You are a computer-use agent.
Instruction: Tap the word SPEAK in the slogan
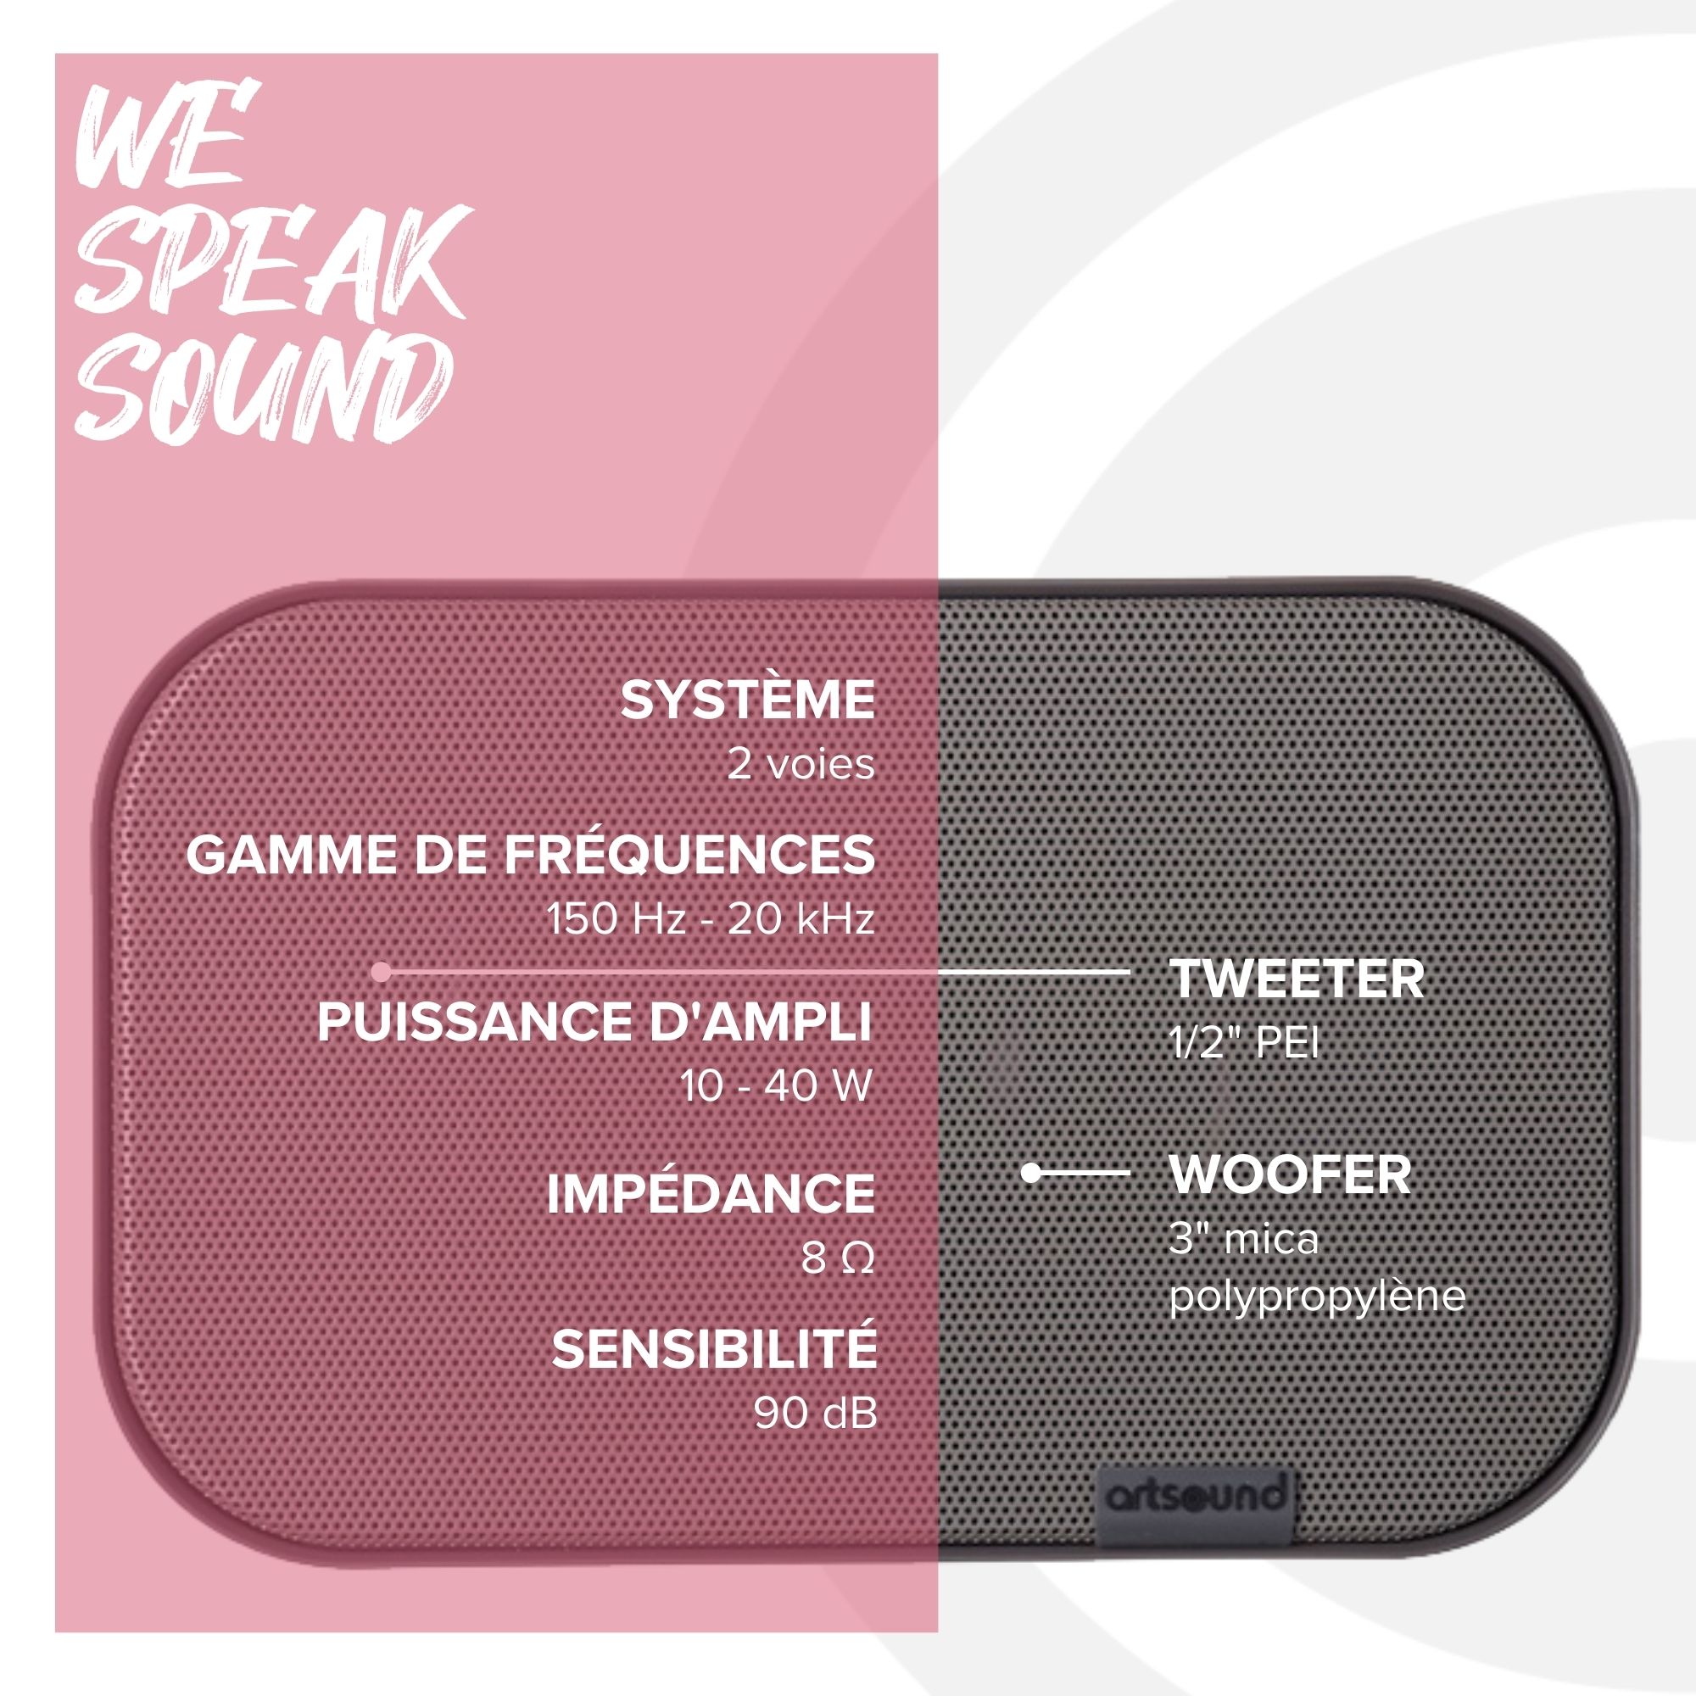272,260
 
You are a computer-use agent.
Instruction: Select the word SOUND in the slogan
264,389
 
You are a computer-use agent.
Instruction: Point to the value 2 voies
801,765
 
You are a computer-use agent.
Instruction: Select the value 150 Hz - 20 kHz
710,919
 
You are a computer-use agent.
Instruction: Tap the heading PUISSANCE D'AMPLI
595,1022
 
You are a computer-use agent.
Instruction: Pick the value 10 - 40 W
776,1087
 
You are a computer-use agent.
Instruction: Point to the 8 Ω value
838,1258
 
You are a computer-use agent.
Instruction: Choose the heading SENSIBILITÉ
715,1348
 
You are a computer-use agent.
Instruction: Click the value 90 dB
816,1413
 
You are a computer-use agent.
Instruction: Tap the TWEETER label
1297,979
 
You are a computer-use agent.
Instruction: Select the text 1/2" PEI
1244,1043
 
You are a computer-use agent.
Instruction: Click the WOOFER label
1291,1175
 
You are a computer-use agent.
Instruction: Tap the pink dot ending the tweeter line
380,972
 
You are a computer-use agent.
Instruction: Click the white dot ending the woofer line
1031,1172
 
